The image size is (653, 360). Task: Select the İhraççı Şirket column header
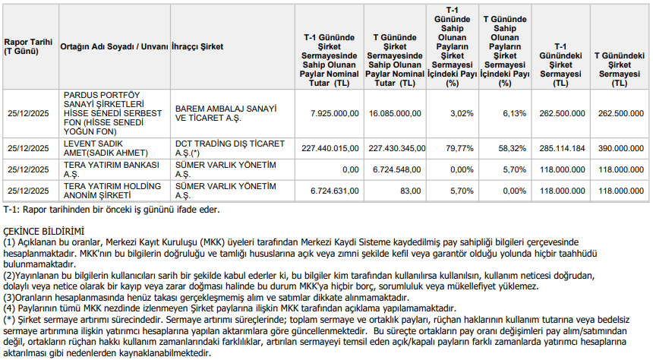pyautogui.click(x=198, y=46)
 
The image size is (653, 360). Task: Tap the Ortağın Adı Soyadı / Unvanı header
pyautogui.click(x=114, y=46)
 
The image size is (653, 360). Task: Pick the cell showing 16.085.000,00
pyautogui.click(x=395, y=113)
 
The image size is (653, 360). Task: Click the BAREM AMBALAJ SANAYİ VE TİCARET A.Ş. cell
pyautogui.click(x=226, y=113)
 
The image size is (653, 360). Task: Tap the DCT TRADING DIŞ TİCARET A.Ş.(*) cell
pyautogui.click(x=229, y=147)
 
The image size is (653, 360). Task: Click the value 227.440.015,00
pyautogui.click(x=330, y=147)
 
